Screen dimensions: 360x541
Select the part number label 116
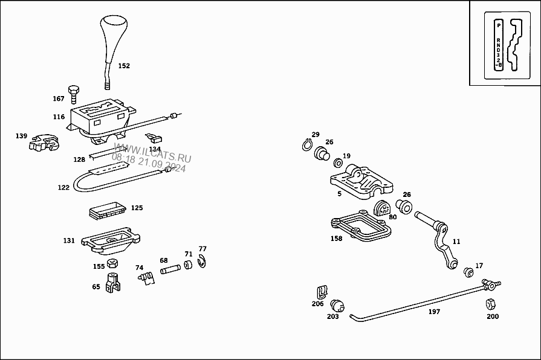(x=59, y=117)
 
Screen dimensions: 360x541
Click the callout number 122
(x=63, y=187)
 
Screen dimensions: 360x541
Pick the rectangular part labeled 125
(x=106, y=210)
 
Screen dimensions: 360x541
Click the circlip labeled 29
(x=307, y=145)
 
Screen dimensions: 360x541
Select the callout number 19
(x=346, y=156)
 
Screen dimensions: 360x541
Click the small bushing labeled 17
(x=468, y=271)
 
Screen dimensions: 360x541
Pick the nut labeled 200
(x=491, y=302)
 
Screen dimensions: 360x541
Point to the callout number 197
(x=434, y=312)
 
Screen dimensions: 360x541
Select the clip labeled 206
(x=322, y=292)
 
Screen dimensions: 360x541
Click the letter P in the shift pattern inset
(x=498, y=25)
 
